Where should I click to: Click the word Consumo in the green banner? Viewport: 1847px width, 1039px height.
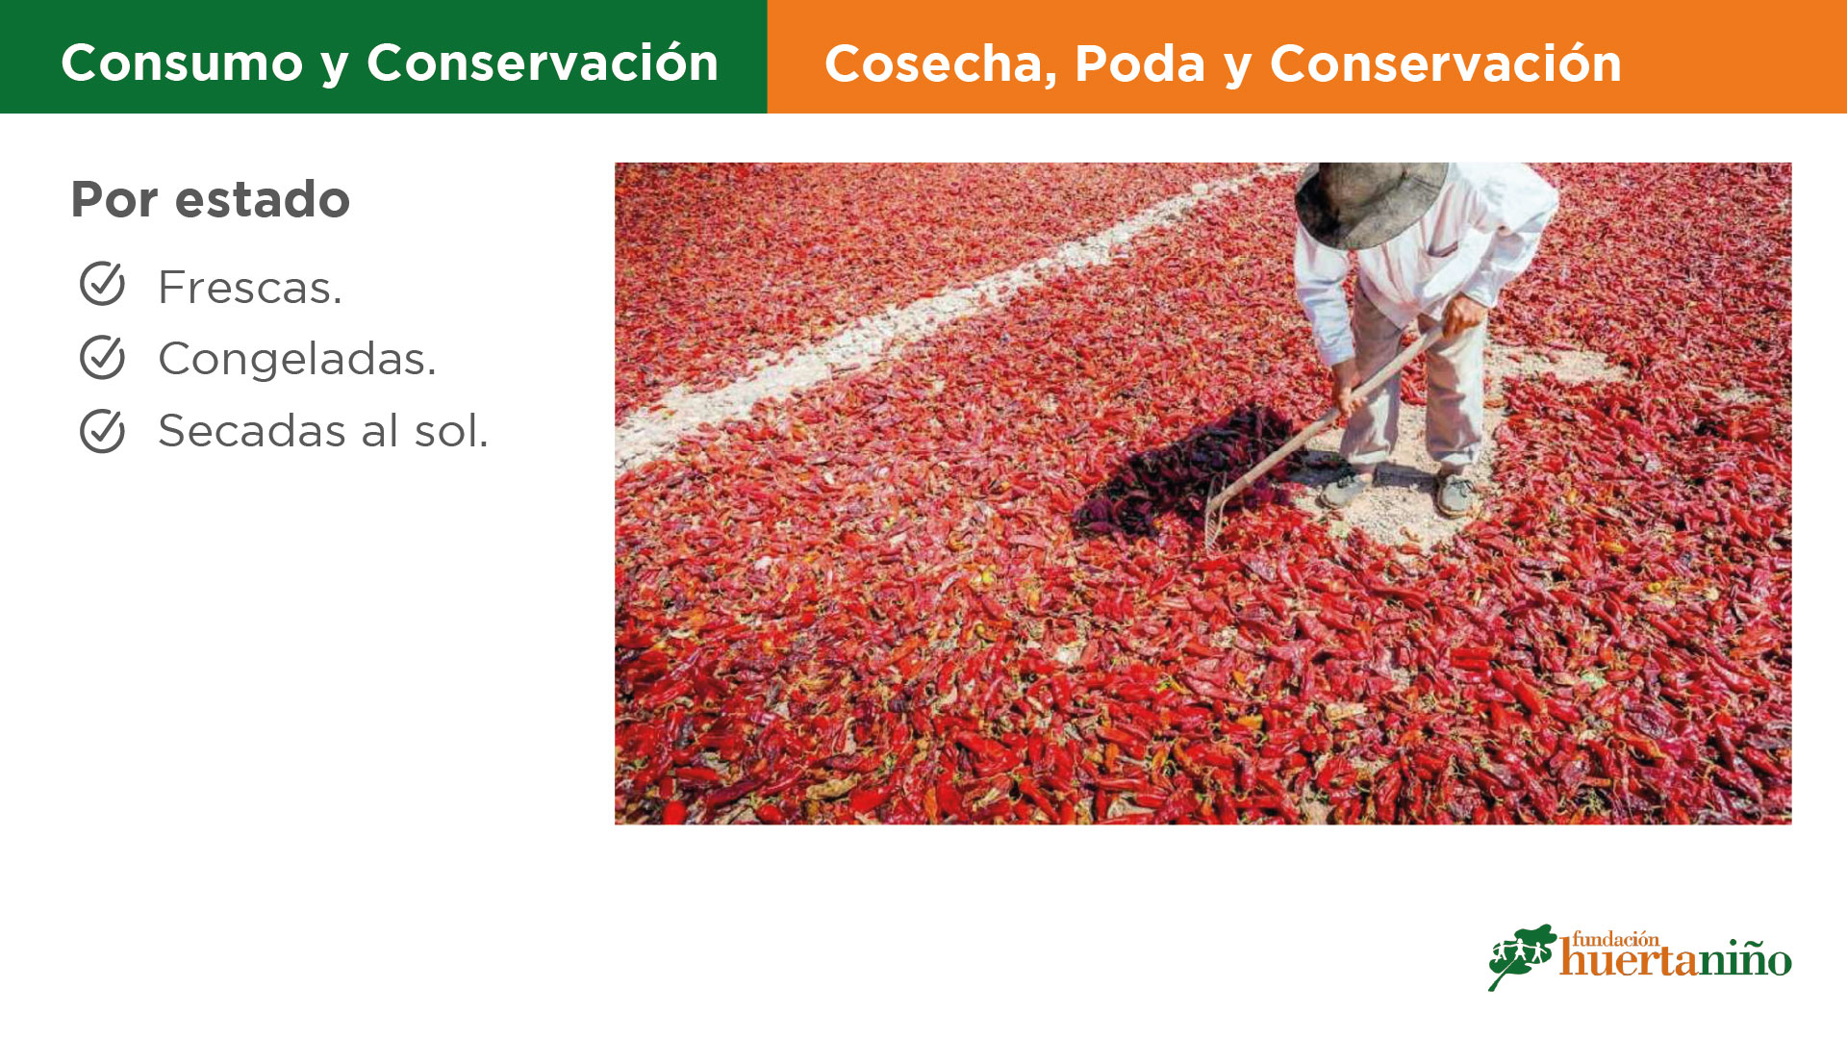(183, 63)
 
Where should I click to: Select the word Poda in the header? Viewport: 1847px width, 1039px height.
(1140, 63)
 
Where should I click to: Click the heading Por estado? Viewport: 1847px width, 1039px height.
(211, 199)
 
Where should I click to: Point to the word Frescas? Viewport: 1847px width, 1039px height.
(250, 287)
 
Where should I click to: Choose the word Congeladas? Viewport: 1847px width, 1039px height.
(297, 359)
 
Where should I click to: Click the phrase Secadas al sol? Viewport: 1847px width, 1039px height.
(323, 430)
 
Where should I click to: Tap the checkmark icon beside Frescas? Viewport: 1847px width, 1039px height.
(102, 284)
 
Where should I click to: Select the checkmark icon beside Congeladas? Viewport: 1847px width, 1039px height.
(102, 357)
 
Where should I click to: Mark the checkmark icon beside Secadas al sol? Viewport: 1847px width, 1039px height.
(102, 430)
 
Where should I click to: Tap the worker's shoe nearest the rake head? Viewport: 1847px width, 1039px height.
(1347, 489)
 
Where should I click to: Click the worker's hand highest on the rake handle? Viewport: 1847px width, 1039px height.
(1461, 316)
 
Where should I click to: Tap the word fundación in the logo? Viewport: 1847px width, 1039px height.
(1615, 939)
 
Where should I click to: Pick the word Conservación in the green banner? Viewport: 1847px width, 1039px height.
(543, 63)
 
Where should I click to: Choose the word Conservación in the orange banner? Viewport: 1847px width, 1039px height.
(1446, 63)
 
